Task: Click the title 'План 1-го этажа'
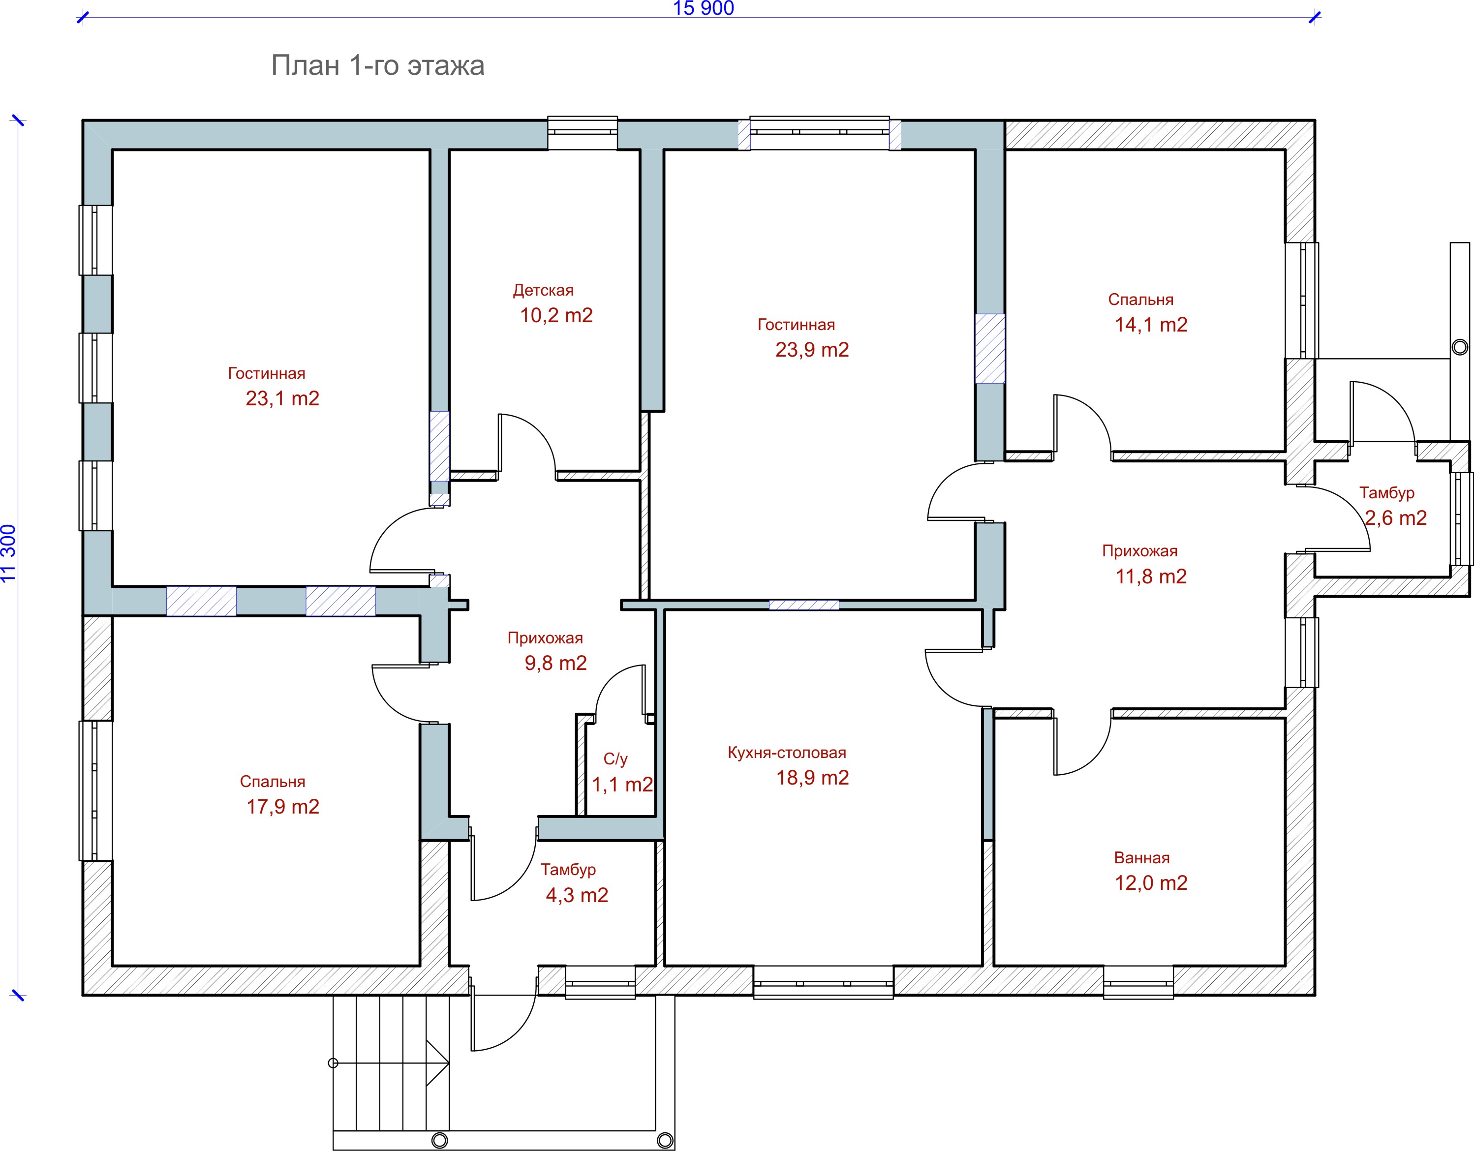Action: (378, 66)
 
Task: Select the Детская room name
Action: (543, 291)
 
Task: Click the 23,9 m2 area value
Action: (812, 350)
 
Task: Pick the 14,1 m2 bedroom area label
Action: (1151, 325)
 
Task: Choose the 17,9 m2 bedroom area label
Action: (283, 806)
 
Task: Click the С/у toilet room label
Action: (615, 759)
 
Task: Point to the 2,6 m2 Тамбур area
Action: (1396, 517)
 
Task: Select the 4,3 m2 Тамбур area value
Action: (577, 895)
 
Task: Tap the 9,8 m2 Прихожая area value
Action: (555, 663)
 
